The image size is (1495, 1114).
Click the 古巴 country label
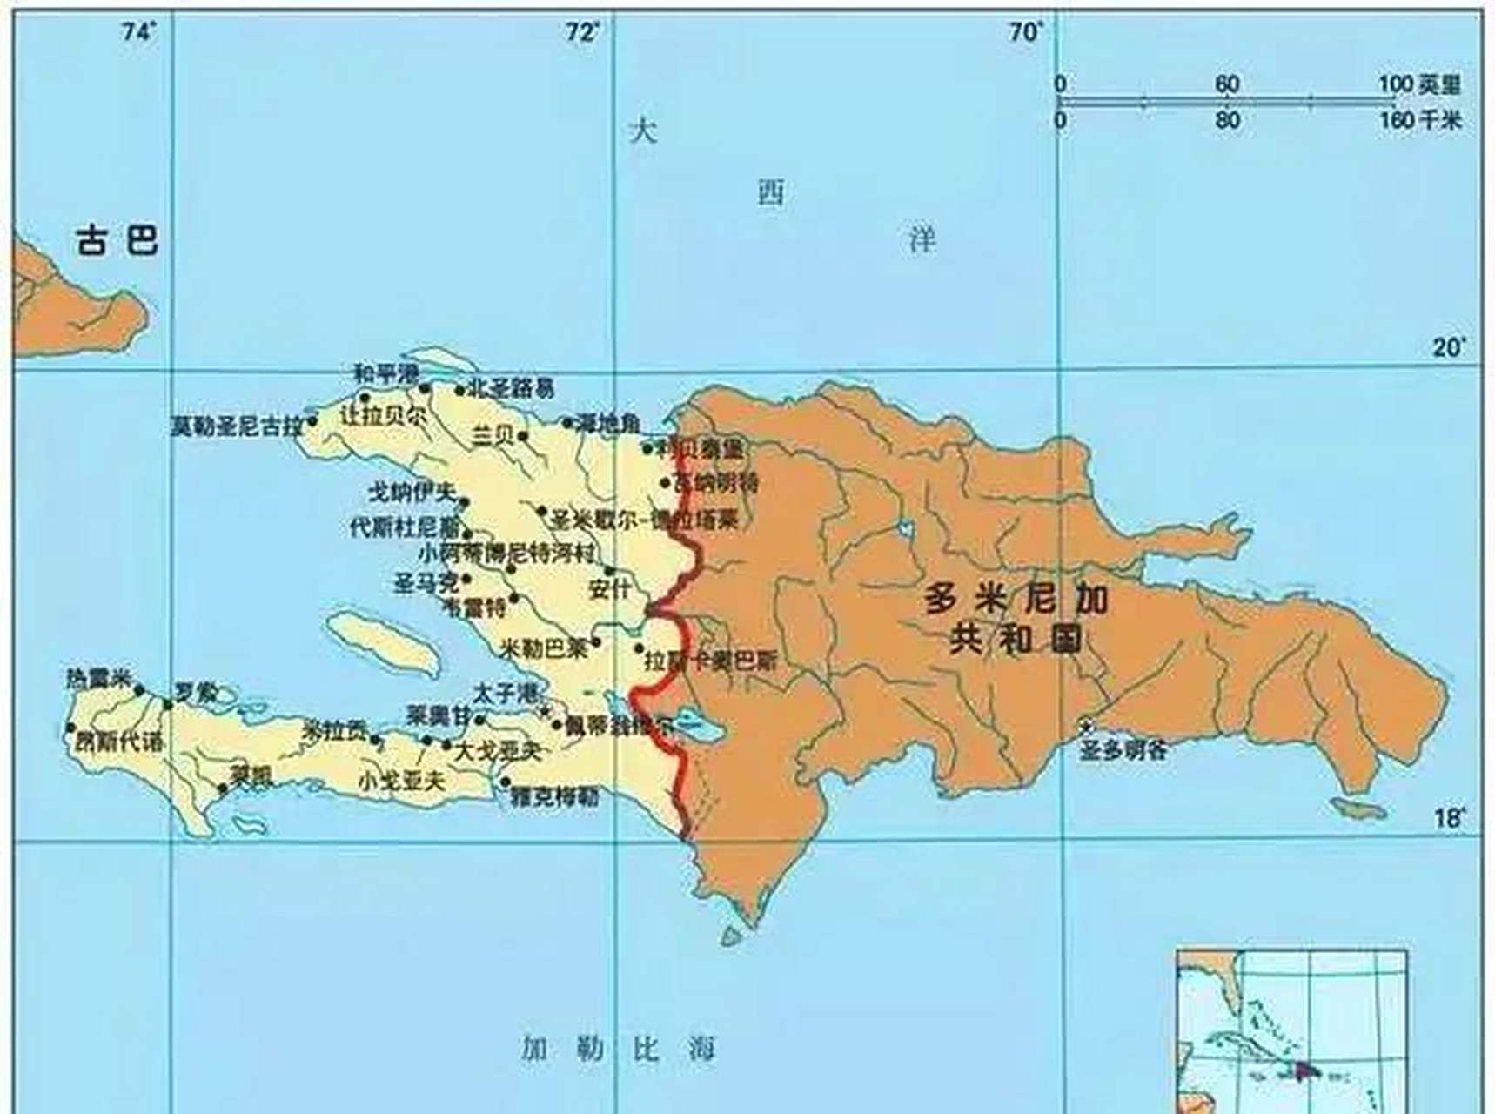click(117, 239)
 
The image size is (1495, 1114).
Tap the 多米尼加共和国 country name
click(1016, 619)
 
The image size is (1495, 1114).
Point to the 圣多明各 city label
click(1123, 750)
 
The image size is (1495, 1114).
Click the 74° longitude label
click(140, 33)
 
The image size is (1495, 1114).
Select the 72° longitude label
click(584, 33)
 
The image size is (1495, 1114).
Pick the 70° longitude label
click(1027, 33)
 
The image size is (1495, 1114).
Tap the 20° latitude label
click(1449, 347)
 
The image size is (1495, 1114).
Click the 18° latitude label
click(1449, 819)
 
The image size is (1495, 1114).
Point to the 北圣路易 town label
click(512, 388)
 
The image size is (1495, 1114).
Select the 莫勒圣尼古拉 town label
click(237, 426)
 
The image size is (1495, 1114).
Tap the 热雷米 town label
click(97, 679)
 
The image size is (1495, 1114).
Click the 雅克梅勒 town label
click(554, 796)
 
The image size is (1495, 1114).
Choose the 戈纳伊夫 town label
click(412, 493)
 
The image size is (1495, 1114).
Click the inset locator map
click(1291, 1030)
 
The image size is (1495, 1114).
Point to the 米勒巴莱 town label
click(545, 648)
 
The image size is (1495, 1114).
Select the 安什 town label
click(610, 588)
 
